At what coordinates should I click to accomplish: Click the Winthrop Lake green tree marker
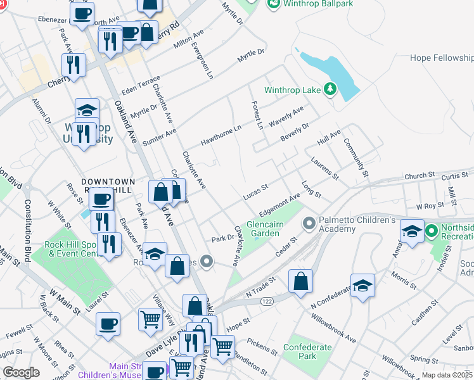point(330,90)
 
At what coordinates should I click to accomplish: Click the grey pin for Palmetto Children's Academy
point(309,223)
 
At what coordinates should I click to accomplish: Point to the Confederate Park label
point(307,351)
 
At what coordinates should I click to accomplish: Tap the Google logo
point(21,372)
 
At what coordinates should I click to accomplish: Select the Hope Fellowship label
point(441,58)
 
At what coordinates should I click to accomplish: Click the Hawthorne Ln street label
point(222,134)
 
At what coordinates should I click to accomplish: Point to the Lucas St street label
point(257,192)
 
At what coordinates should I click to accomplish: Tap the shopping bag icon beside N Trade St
point(300,281)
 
